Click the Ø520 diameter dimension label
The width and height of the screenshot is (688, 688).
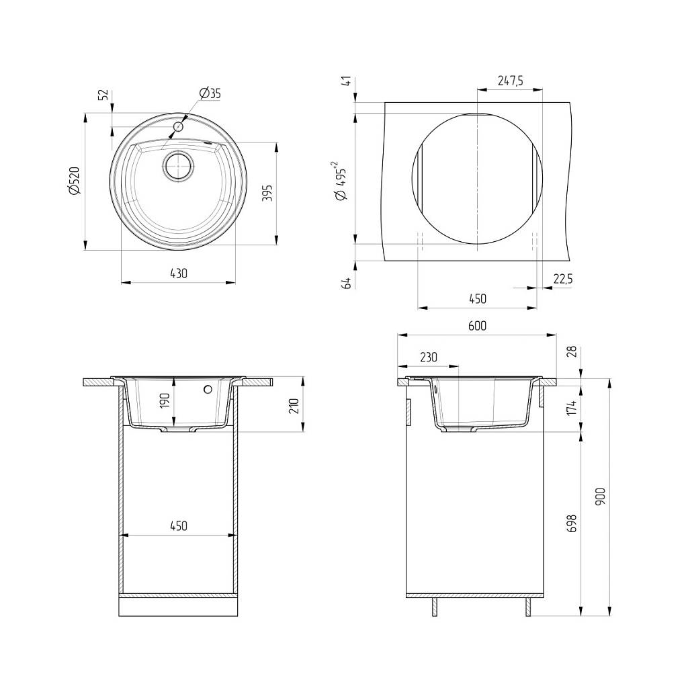74,180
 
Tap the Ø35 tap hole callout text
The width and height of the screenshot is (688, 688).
210,93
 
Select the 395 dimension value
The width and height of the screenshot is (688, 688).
267,193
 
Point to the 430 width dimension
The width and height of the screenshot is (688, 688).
179,273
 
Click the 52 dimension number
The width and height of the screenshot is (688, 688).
103,95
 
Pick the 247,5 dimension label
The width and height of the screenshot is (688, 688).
510,81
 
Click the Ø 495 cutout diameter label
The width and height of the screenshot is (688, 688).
341,181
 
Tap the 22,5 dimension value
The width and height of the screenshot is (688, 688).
562,279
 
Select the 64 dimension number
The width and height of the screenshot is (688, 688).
347,283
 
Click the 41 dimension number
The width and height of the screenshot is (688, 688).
347,81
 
